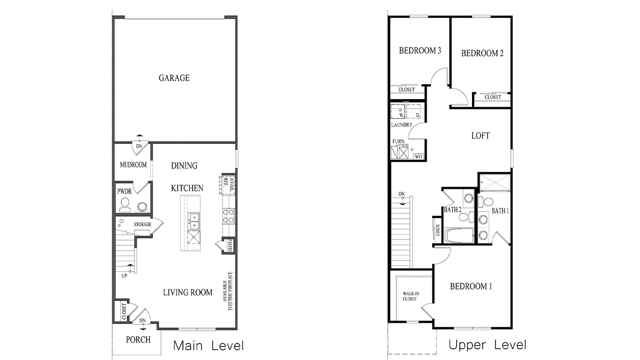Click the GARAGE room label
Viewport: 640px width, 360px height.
174,78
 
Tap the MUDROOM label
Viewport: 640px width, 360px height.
133,165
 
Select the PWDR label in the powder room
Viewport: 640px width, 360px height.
124,191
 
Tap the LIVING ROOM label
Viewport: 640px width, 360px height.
187,292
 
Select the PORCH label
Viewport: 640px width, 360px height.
138,340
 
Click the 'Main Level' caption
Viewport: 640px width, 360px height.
209,346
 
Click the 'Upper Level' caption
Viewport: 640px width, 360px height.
487,345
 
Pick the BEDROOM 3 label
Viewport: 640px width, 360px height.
420,51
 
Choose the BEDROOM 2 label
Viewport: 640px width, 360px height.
482,53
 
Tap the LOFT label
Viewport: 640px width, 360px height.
480,135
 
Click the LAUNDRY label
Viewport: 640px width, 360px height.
402,125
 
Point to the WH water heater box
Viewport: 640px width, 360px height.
418,156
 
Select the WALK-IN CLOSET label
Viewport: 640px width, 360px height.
410,296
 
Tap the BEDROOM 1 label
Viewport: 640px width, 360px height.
471,286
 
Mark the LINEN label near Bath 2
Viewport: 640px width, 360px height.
438,230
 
